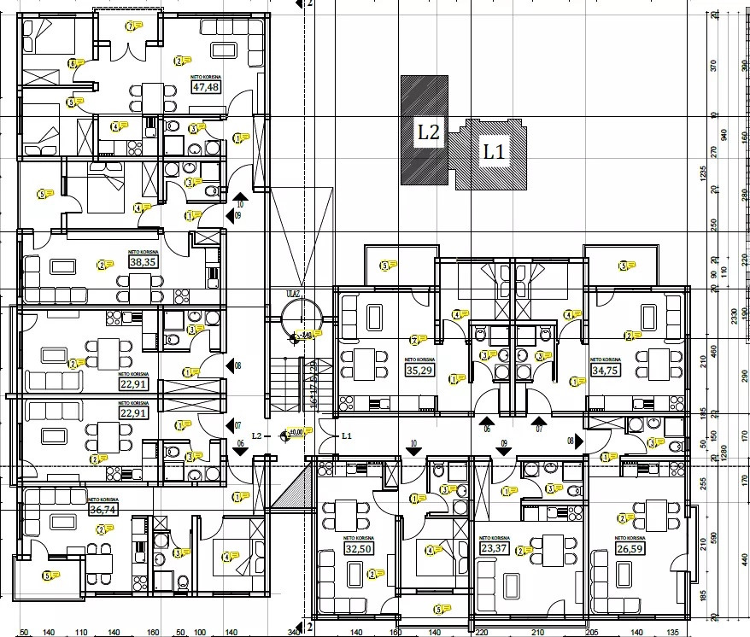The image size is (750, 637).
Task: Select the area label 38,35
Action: (142, 262)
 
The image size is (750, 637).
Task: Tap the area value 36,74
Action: (102, 510)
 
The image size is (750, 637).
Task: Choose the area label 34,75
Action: (605, 371)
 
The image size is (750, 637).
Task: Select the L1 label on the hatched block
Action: (494, 153)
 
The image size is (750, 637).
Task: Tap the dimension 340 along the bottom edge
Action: (293, 631)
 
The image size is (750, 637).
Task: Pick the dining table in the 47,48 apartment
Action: (152, 93)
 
